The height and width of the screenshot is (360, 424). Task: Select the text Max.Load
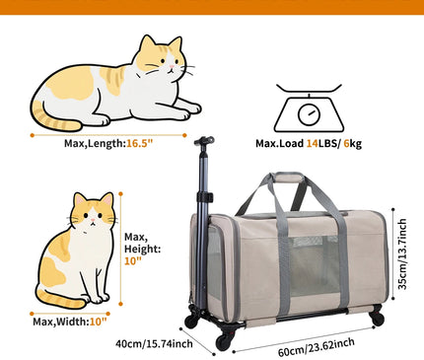click(x=279, y=144)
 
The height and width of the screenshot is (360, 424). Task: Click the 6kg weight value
click(x=352, y=144)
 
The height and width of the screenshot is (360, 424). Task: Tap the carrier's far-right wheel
click(x=377, y=318)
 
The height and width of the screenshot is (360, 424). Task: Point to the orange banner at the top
click(x=212, y=7)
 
